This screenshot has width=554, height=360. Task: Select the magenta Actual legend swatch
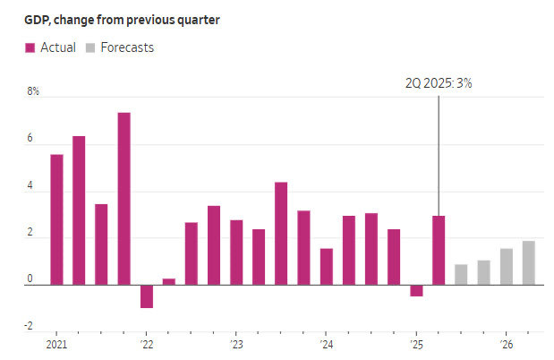click(30, 47)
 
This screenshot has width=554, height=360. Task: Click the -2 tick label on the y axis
click(32, 328)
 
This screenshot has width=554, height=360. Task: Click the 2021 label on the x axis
click(56, 345)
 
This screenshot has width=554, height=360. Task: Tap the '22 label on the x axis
click(146, 345)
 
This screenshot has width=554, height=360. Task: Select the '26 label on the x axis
click(506, 345)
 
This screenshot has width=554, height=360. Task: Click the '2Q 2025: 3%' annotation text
click(439, 82)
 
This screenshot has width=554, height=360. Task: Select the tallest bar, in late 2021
click(124, 199)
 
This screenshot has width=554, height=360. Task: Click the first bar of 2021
click(56, 219)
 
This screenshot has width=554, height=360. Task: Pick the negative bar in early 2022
click(147, 296)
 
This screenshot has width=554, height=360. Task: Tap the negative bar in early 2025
click(416, 290)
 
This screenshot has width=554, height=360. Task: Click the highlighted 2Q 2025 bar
click(439, 250)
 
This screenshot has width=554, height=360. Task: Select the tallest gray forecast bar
click(529, 262)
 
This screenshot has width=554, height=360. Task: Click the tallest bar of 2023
click(281, 233)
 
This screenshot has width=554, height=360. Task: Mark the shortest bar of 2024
click(327, 266)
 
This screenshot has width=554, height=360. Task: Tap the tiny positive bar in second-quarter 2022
click(169, 281)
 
